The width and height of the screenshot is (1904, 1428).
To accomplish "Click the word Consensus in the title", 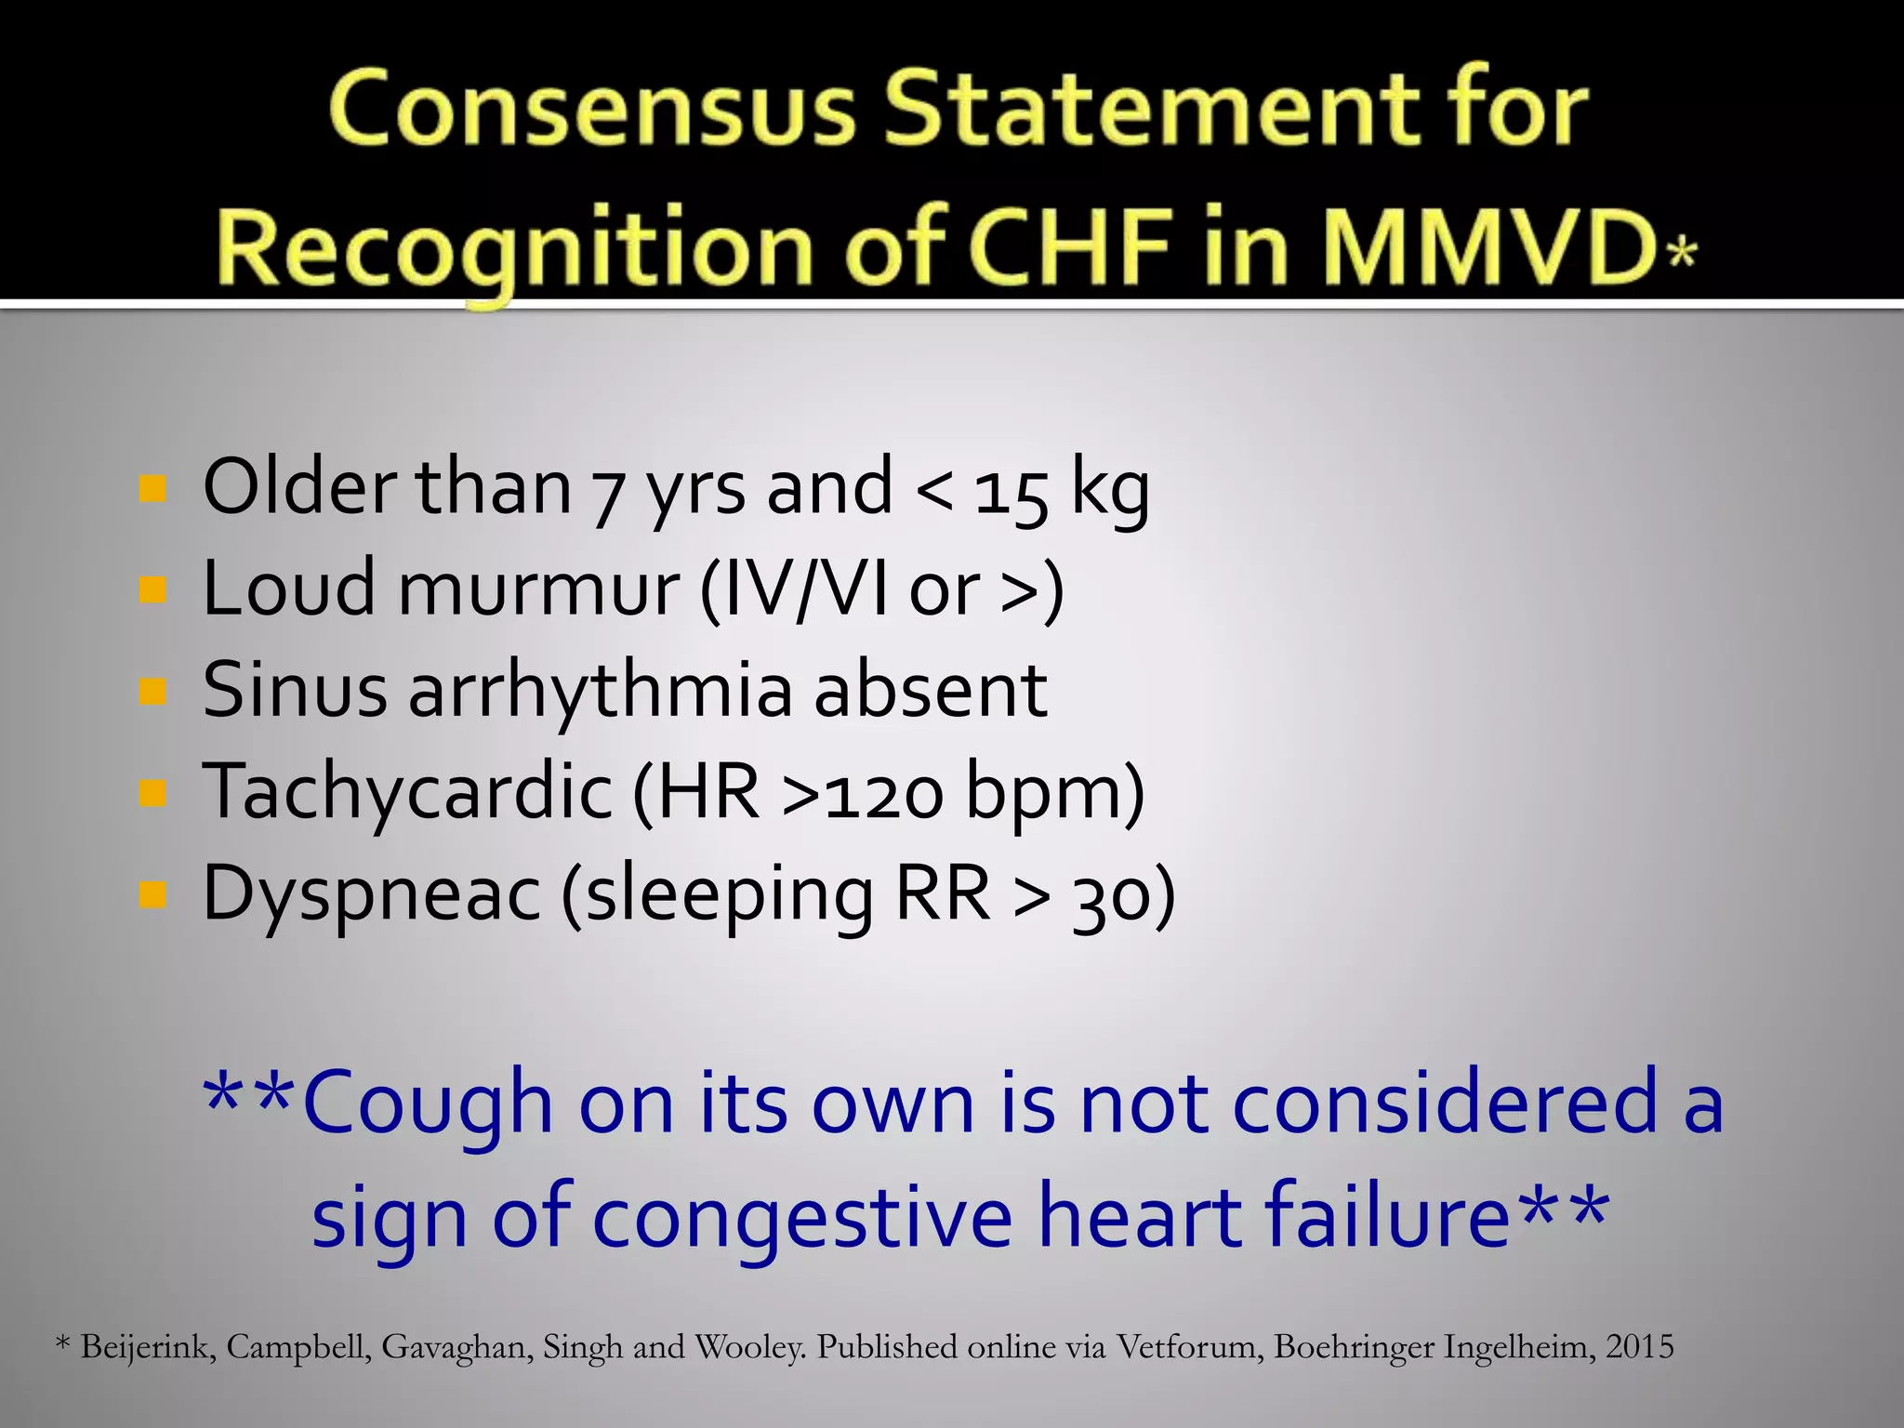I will [x=591, y=110].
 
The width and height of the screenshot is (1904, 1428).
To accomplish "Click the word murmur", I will [x=538, y=589].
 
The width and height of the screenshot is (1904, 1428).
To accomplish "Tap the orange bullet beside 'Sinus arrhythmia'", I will [x=152, y=692].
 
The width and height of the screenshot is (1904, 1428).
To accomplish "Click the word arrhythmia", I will [x=601, y=692].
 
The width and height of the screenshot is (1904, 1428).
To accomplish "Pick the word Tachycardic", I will [x=407, y=792].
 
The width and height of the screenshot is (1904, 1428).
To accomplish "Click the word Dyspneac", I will [x=371, y=894].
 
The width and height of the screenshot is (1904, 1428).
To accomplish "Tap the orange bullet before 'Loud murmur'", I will [x=152, y=589].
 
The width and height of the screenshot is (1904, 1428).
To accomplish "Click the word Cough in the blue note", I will [x=429, y=1104].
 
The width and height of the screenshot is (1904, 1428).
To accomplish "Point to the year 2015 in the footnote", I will [x=1639, y=1347].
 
